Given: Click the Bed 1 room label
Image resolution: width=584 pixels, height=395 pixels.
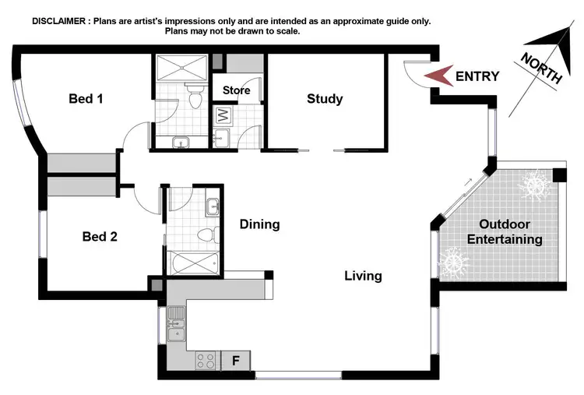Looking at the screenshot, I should [86, 99].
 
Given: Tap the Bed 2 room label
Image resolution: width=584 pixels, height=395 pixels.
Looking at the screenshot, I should [100, 236].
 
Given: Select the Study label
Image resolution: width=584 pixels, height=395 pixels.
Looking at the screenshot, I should [325, 99].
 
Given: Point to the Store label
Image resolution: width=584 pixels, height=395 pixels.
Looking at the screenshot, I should [237, 90].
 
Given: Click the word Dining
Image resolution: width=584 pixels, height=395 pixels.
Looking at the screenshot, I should [259, 224].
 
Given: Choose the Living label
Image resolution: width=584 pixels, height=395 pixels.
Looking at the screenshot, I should [364, 276].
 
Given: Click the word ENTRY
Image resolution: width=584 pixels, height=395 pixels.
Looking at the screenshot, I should [477, 76].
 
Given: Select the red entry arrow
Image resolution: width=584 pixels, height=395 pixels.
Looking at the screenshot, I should [436, 76].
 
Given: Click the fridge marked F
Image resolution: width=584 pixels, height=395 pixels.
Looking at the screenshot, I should [236, 360].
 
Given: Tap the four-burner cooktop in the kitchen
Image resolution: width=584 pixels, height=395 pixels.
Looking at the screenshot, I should [206, 361].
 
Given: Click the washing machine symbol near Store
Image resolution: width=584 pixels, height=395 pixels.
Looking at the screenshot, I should [223, 115].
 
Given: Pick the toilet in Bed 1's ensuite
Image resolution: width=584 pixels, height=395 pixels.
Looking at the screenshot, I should [195, 98].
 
